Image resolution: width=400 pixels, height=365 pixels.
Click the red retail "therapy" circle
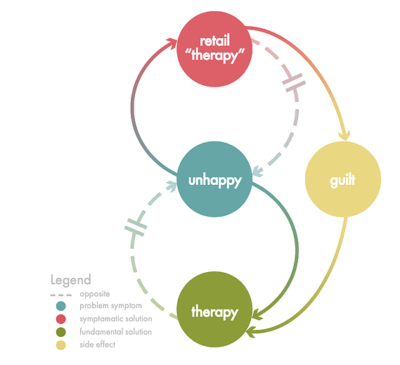(214, 49)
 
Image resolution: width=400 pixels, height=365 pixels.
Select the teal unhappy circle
(214, 179)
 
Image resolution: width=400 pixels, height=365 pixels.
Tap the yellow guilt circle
(343, 179)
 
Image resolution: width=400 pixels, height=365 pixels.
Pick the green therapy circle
(214, 309)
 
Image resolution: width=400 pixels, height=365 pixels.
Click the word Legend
(71, 280)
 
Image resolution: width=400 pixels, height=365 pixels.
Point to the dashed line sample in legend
(61, 295)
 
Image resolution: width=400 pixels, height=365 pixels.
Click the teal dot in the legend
(60, 306)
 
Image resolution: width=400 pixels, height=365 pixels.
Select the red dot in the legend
(60, 319)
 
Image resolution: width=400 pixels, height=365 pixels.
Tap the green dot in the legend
(60, 332)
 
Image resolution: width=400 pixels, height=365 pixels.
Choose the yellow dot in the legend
(60, 345)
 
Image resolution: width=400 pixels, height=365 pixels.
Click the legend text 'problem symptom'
(110, 306)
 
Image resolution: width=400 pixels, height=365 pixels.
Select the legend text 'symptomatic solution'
(116, 319)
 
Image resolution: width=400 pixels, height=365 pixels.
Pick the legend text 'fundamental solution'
(115, 332)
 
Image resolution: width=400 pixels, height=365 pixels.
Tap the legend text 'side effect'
(98, 345)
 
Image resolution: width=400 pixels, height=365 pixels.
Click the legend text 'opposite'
(95, 294)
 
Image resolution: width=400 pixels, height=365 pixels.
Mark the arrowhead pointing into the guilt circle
(344, 136)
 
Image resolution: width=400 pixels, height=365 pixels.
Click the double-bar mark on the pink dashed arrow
(294, 82)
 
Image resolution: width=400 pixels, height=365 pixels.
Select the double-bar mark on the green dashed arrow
(136, 227)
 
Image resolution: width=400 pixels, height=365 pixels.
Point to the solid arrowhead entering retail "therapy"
(172, 42)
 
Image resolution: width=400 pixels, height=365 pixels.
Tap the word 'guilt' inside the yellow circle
(342, 181)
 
